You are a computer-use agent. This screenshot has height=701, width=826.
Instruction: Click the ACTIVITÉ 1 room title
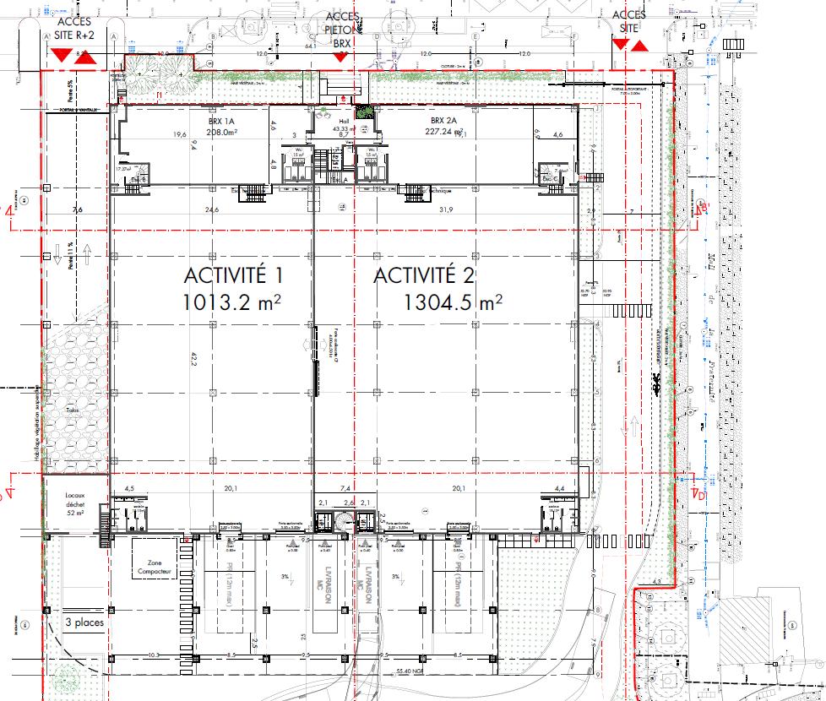pos(233,276)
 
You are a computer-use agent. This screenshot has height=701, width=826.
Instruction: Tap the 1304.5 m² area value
pos(453,302)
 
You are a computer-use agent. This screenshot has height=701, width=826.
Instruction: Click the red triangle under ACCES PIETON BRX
pos(340,57)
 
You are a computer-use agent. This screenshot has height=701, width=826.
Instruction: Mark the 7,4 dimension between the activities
pos(345,488)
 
